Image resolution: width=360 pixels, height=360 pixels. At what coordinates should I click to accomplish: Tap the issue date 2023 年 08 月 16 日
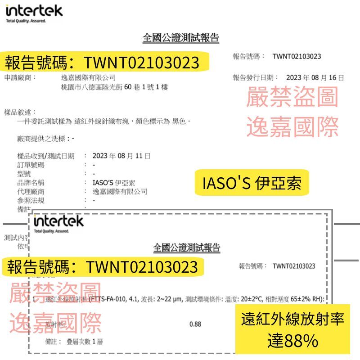click(315, 77)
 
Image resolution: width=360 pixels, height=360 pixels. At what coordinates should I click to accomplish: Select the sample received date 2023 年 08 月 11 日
click(121, 156)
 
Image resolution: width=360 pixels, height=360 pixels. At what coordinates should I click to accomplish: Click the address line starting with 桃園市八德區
click(114, 87)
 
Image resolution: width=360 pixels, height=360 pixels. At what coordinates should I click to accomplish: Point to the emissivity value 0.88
click(195, 324)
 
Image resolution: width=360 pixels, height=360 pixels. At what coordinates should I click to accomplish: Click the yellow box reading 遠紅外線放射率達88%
click(292, 330)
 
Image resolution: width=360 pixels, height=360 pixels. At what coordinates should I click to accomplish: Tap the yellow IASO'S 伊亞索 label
click(252, 183)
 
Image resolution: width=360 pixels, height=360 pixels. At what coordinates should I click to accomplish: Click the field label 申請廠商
click(20, 77)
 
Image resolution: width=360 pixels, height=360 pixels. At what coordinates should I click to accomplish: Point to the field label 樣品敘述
click(20, 112)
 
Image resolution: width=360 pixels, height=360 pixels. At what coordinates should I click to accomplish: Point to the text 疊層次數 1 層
click(84, 342)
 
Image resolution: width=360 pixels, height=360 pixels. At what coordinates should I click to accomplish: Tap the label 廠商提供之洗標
click(43, 139)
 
